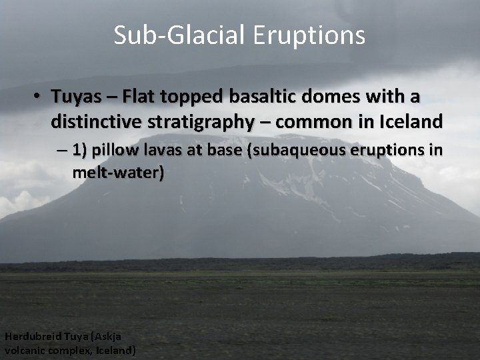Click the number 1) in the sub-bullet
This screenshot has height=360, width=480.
pyautogui.click(x=79, y=151)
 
